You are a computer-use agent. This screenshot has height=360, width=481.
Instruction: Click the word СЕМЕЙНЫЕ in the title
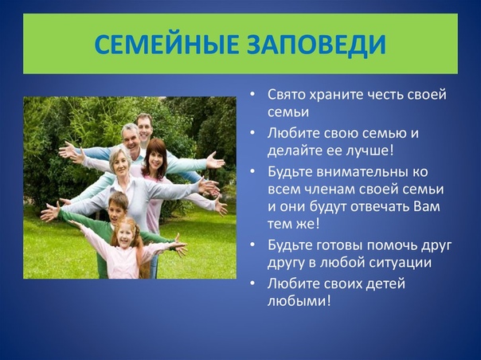pos(166,44)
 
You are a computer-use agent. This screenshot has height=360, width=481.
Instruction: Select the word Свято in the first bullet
pos(287,95)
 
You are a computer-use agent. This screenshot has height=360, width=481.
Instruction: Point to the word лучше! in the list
pos(370,151)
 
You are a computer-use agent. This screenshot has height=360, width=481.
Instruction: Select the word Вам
pos(427,206)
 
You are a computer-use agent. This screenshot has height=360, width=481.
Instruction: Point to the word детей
pos(386,284)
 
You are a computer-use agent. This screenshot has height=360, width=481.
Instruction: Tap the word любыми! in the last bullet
pos(299,301)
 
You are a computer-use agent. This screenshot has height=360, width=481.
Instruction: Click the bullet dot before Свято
pos(252,95)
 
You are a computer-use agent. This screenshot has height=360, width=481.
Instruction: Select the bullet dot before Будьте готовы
pos(252,245)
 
